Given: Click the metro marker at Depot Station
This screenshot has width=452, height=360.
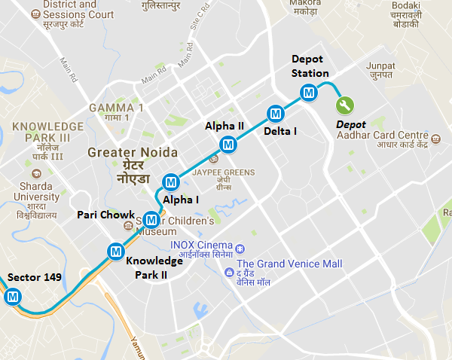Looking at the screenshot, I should point(307,93).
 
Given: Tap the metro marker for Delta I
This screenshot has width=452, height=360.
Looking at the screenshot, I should point(275,114).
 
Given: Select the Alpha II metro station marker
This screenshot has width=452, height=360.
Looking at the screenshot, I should point(228,144).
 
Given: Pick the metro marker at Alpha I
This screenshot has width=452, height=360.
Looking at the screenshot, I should point(171,182).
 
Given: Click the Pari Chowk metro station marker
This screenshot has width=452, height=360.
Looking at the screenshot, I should point(151,220).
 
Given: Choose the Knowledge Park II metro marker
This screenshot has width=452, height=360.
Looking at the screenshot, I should point(115,251).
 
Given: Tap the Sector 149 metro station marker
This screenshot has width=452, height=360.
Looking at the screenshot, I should point(12,297).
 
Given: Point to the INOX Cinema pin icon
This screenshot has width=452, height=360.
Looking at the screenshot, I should point(240,248).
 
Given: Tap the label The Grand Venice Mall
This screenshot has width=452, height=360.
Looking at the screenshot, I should point(289,264).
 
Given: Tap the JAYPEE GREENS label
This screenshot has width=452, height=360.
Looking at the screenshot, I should point(224,172).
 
